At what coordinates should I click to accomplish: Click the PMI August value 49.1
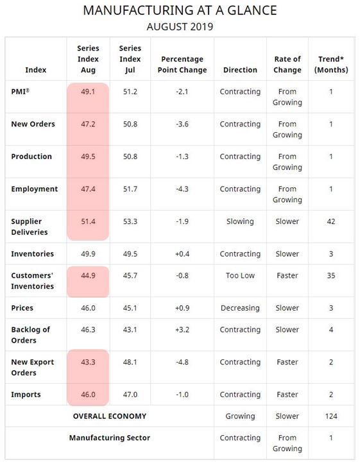point(88,92)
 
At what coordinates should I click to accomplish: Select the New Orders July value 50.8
point(130,124)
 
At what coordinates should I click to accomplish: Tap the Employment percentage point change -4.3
point(182,189)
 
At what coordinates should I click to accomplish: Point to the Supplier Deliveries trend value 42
point(331,221)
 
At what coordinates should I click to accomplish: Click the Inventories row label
point(32,253)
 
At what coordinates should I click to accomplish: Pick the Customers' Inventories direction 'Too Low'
point(240,275)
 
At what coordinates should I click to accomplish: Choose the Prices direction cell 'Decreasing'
point(240,308)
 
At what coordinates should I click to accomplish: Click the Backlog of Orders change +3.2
point(182,329)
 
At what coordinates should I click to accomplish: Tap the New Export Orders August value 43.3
point(88,362)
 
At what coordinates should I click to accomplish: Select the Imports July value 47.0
point(130,394)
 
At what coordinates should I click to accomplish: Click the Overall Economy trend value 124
point(331,416)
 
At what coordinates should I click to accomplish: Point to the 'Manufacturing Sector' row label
point(110,438)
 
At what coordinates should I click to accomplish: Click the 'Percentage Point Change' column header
point(182,65)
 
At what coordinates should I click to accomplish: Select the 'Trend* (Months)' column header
point(331,65)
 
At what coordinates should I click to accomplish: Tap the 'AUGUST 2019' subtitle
point(180,27)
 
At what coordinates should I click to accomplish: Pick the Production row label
point(31,157)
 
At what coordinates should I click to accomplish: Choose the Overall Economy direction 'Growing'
point(240,416)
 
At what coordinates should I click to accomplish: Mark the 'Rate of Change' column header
point(287,65)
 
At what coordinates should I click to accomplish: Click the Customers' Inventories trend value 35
point(331,275)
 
